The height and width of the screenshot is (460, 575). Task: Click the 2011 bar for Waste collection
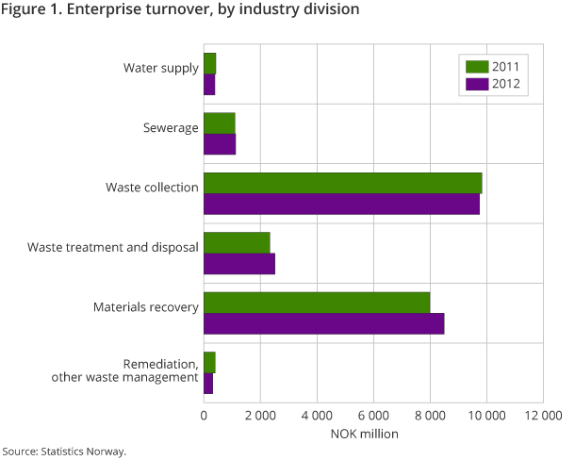tap(342, 183)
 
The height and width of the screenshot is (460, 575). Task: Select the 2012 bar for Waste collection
tap(341, 204)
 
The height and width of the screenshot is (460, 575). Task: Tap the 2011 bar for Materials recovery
tap(317, 303)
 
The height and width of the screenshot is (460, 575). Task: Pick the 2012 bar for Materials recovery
tap(323, 323)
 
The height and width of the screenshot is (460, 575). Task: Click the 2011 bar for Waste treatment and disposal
tap(237, 242)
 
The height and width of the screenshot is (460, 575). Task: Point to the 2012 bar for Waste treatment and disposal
tap(239, 263)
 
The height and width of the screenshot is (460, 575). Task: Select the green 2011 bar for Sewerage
tap(219, 123)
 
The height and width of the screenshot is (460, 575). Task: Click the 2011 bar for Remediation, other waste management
tap(209, 362)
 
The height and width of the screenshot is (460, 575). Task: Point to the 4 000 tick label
tap(317, 415)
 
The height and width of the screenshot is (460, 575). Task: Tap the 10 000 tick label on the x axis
tap(486, 415)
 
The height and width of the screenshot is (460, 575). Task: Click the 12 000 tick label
tap(543, 415)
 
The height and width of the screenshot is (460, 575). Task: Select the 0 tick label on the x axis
tap(204, 415)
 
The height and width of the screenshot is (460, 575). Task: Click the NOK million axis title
tap(364, 435)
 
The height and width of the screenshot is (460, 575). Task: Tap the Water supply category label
tap(160, 68)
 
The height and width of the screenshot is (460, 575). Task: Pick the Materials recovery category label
tap(145, 307)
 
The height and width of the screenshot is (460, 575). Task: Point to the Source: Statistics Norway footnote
tap(64, 451)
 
